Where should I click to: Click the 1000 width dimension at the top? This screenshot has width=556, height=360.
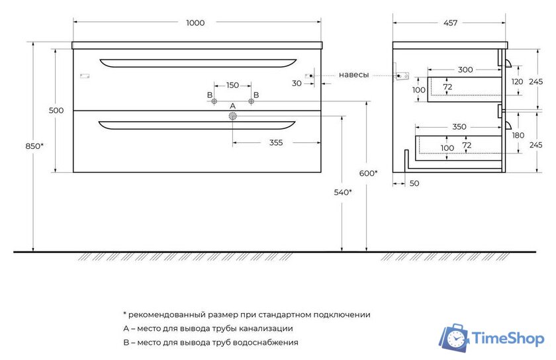pyautogui.click(x=195, y=23)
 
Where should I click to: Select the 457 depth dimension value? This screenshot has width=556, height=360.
pyautogui.click(x=450, y=23)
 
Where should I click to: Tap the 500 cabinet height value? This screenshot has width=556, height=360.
pyautogui.click(x=56, y=111)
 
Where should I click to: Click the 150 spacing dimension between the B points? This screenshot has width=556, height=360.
pyautogui.click(x=232, y=85)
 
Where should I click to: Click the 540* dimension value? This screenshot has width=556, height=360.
pyautogui.click(x=342, y=192)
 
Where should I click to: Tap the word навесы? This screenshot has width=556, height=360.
pyautogui.click(x=353, y=75)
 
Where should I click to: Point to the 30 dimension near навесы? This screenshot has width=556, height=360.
pyautogui.click(x=297, y=83)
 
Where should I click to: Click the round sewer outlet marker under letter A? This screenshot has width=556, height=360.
pyautogui.click(x=232, y=116)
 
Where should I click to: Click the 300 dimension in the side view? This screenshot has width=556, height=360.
pyautogui.click(x=465, y=69)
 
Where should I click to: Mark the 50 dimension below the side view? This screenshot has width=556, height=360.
pyautogui.click(x=414, y=183)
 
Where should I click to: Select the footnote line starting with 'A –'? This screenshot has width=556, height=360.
pyautogui.click(x=208, y=328)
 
